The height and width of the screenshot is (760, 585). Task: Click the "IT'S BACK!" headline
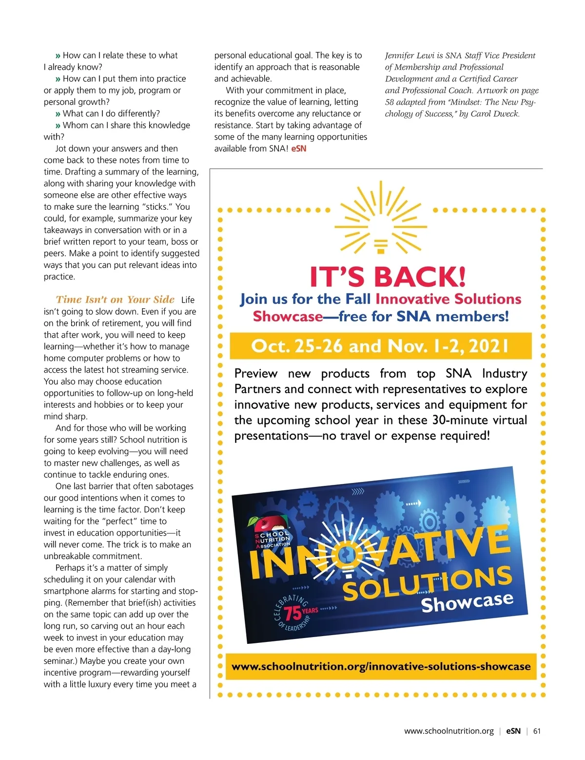point(388,277)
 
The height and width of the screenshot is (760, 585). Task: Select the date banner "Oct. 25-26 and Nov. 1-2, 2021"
point(380,346)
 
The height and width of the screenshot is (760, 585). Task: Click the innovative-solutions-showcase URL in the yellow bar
point(381,666)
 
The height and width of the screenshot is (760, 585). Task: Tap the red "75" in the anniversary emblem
point(292,613)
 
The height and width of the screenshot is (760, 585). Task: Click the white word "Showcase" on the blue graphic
point(467,602)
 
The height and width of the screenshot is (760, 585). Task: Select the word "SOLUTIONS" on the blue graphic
point(427,582)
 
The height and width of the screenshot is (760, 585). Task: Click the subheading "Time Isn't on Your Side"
point(115,300)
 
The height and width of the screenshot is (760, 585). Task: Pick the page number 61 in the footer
point(537,731)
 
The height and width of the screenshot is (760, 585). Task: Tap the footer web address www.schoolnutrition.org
point(448,731)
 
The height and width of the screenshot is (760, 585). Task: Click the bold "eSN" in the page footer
point(513,731)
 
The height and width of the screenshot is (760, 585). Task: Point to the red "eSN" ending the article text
point(299,149)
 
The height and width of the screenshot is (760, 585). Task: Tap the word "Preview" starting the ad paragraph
point(255,374)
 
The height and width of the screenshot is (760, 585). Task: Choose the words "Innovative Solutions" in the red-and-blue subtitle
point(448,299)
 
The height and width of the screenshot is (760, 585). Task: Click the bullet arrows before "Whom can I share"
point(58,125)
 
